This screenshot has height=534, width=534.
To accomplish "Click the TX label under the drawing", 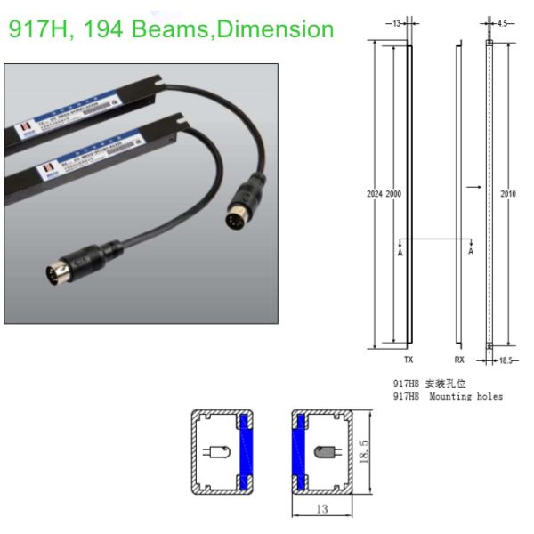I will (x=409, y=361).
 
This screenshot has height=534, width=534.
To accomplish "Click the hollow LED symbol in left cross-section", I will (x=217, y=452).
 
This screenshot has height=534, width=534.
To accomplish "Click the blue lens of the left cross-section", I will (x=247, y=452).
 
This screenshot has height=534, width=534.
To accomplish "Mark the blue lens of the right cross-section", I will (x=300, y=452).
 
